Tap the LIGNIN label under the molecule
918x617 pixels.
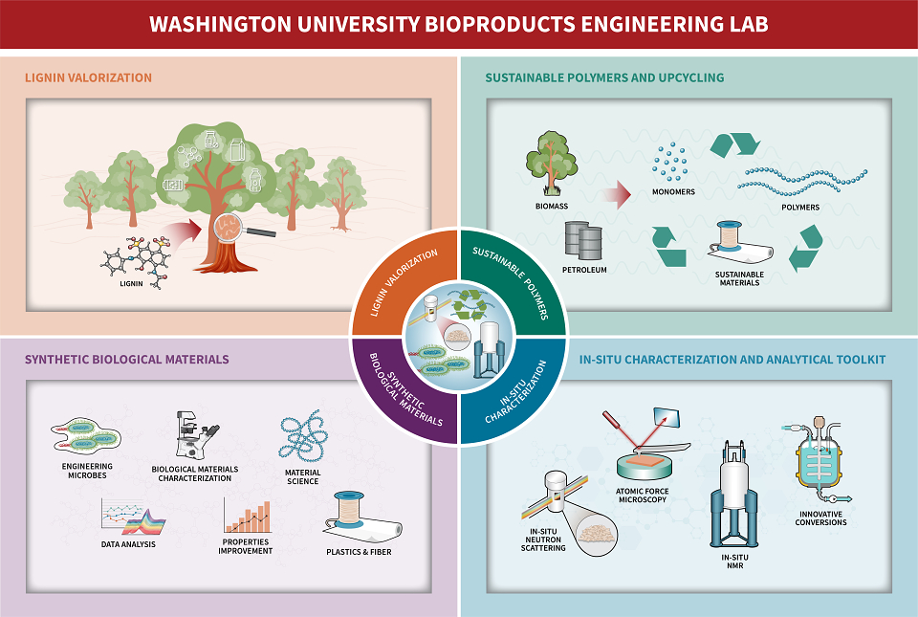click(x=131, y=283)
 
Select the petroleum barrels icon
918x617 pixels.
click(x=583, y=241)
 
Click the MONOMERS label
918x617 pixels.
click(x=673, y=192)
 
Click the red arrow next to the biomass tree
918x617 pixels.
click(x=617, y=194)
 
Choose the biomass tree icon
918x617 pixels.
click(x=551, y=164)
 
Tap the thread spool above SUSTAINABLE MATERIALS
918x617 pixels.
click(x=729, y=236)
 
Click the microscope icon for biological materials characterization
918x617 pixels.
click(x=197, y=435)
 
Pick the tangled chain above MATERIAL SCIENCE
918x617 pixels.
click(x=303, y=435)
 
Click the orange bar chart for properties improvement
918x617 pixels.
click(x=247, y=517)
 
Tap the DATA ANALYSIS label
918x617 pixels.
click(x=128, y=544)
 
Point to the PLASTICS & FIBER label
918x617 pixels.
click(x=359, y=552)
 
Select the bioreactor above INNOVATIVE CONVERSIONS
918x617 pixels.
click(x=818, y=461)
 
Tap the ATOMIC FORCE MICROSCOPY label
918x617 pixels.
click(x=643, y=496)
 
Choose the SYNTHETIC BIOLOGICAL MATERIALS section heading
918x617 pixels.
click(x=127, y=360)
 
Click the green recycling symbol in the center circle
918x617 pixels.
click(x=470, y=304)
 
